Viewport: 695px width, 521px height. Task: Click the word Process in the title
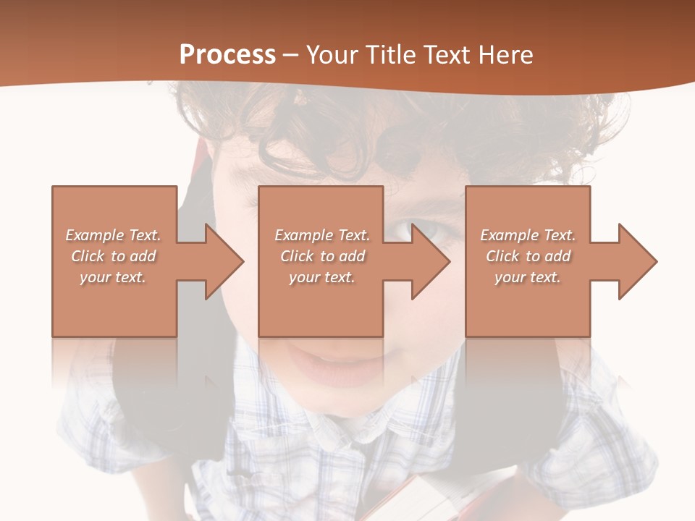click(227, 55)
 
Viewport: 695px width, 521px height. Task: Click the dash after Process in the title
click(291, 56)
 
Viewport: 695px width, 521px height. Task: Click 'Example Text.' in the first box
click(114, 235)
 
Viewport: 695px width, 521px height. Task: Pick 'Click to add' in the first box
click(114, 256)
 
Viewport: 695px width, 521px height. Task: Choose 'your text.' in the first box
click(114, 277)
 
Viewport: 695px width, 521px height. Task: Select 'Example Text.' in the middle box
click(322, 235)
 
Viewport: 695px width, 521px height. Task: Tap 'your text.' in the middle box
click(322, 277)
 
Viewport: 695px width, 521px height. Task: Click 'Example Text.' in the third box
click(528, 235)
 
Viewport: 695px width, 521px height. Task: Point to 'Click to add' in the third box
click(528, 256)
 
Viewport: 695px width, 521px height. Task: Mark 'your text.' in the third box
click(528, 277)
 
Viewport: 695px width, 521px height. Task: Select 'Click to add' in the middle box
click(322, 256)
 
